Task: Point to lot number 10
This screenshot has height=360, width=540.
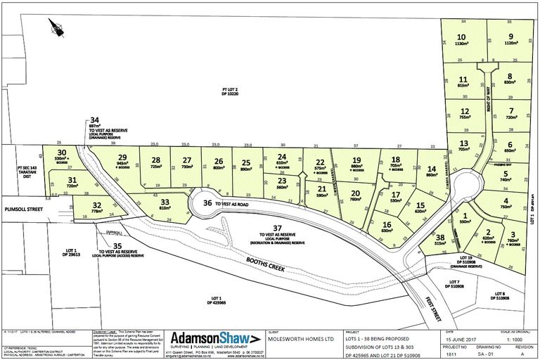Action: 461,36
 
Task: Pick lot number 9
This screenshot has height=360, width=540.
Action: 510,36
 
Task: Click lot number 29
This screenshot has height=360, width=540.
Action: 122,157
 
